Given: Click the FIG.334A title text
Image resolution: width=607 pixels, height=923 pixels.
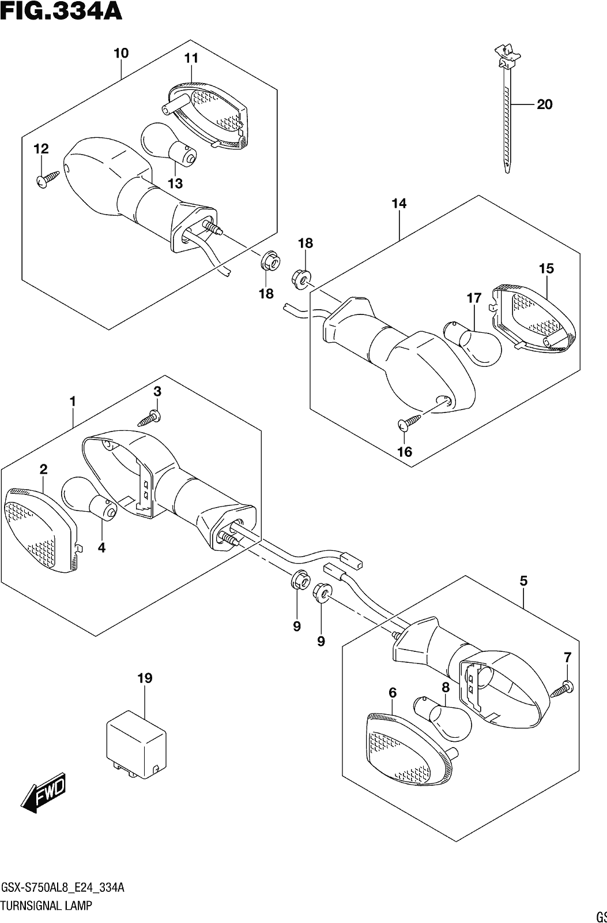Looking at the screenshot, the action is pos(61,12).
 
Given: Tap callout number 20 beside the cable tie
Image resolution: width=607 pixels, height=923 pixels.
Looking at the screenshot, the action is pos(544,104).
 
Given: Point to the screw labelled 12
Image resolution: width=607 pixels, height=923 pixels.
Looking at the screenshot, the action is pos(48,179).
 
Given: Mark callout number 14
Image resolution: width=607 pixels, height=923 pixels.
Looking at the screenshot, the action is pos(399,204).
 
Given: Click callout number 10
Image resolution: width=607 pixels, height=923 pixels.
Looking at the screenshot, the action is pos(121,53).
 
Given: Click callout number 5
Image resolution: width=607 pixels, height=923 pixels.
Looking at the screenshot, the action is pos(523,581).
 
